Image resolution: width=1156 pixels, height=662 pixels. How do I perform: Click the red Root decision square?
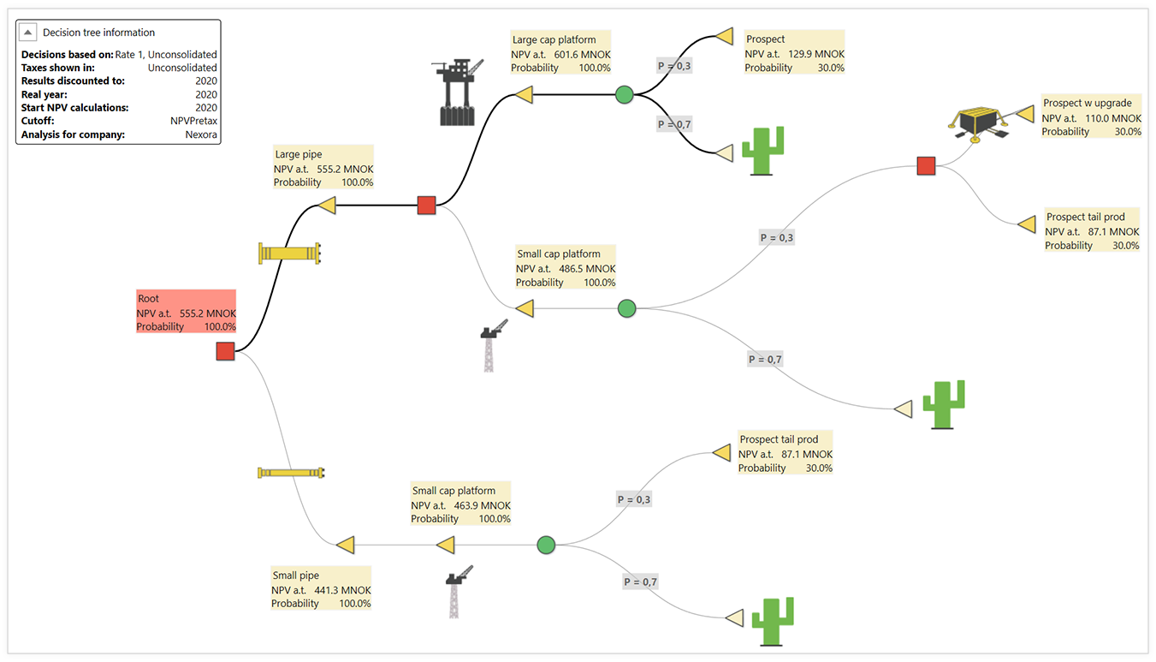[x=225, y=351]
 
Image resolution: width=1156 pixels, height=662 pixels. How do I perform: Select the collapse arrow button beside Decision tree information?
[x=29, y=33]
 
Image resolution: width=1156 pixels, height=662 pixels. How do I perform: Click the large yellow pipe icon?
[x=289, y=253]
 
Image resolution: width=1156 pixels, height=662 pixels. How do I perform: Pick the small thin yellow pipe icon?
[x=291, y=473]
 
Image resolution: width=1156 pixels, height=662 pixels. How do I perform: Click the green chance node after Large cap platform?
[x=625, y=94]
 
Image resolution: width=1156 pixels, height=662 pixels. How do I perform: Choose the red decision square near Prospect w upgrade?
[x=926, y=165]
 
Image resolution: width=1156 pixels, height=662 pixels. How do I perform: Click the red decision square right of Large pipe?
[x=426, y=206]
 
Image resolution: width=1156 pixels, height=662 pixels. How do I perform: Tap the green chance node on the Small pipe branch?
[x=546, y=545]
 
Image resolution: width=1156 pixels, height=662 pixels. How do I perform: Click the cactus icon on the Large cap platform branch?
[x=762, y=151]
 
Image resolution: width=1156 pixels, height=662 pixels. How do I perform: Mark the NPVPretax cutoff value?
[x=193, y=122]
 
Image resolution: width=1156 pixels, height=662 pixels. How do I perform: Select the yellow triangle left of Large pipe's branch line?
[x=326, y=205]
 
